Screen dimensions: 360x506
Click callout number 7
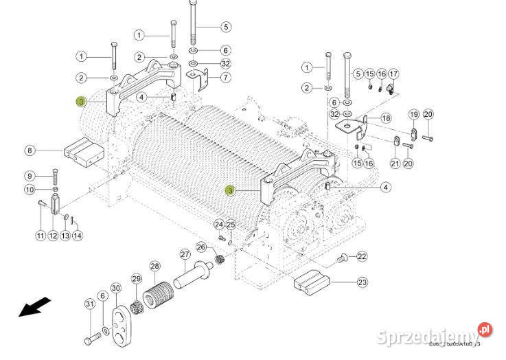(225, 78)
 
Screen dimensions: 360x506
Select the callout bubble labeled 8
(30, 150)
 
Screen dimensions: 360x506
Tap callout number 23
(362, 282)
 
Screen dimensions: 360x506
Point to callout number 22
(362, 256)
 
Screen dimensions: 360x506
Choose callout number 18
(385, 118)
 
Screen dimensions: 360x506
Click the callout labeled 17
(393, 74)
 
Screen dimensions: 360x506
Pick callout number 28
(154, 266)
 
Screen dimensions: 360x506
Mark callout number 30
(115, 288)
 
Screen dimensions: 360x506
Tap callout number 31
(89, 304)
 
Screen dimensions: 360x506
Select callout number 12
(53, 236)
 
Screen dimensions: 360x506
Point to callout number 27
(185, 254)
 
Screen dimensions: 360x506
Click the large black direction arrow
(35, 306)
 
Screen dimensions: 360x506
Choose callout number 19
(414, 114)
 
